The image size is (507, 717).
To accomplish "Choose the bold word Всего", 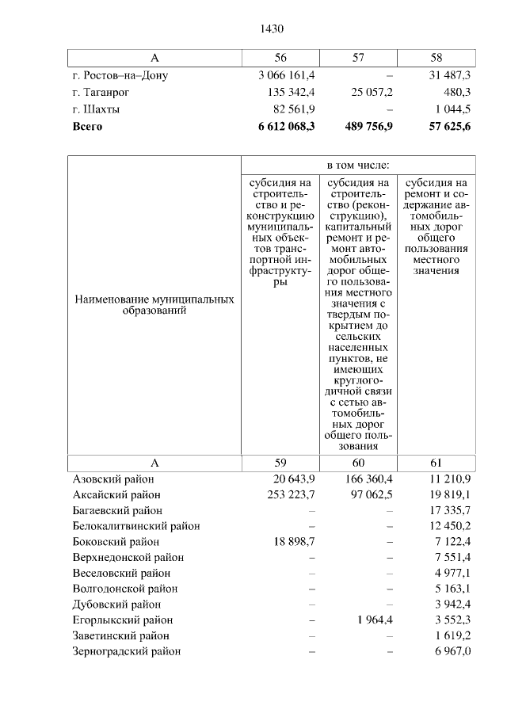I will [87, 125].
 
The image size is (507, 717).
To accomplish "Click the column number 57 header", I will [358, 59].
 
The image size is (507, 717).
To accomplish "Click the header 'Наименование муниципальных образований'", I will [154, 306].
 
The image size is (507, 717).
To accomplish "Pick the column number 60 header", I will [358, 463].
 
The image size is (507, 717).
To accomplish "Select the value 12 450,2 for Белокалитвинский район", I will [448, 526].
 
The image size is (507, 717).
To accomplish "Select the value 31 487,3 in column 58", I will [448, 75].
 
